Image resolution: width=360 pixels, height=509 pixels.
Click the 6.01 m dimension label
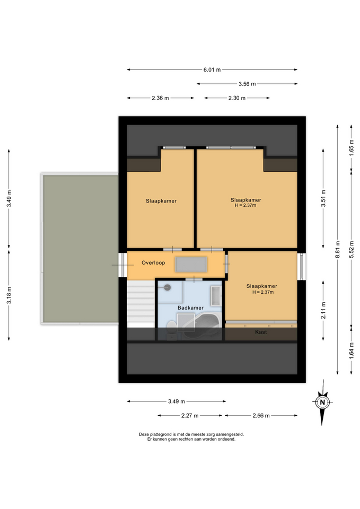pyautogui.click(x=212, y=69)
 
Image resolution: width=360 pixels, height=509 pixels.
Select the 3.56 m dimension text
pyautogui.click(x=247, y=84)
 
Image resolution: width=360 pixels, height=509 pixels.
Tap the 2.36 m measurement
pyautogui.click(x=160, y=98)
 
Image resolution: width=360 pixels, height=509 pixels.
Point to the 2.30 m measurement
pyautogui.click(x=236, y=98)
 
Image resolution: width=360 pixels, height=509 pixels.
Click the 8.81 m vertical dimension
pyautogui.click(x=338, y=249)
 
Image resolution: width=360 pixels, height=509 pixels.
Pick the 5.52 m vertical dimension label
pyautogui.click(x=351, y=249)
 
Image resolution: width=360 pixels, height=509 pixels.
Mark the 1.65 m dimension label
pyautogui.click(x=351, y=148)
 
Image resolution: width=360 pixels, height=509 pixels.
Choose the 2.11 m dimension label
pyautogui.click(x=323, y=310)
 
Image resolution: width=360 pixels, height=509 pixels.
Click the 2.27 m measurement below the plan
pyautogui.click(x=190, y=416)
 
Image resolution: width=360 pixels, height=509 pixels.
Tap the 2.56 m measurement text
pyautogui.click(x=261, y=416)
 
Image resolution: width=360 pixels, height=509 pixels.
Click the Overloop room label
pyautogui.click(x=153, y=262)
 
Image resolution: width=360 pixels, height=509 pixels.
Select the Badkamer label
pyautogui.click(x=190, y=308)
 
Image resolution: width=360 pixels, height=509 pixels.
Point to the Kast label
pyautogui.click(x=261, y=332)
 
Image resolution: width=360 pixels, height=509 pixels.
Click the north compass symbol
pyautogui.click(x=322, y=402)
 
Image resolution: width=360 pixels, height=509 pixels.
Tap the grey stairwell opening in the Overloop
pyautogui.click(x=191, y=265)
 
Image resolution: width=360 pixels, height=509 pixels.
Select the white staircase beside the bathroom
pyautogui.click(x=141, y=304)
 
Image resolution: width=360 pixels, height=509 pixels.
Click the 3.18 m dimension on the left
pyautogui.click(x=9, y=295)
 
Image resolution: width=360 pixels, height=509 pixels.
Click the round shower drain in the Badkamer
pyautogui.click(x=168, y=287)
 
